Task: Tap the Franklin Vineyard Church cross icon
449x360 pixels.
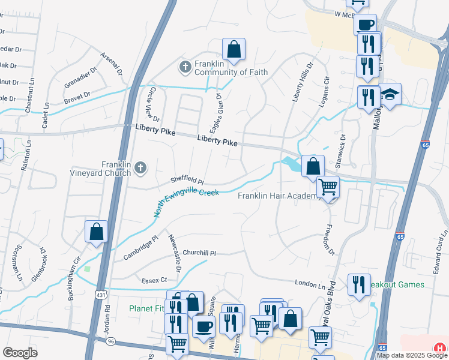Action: click(140, 168)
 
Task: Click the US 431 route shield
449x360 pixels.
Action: click(101, 295)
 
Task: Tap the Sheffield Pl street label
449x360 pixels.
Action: click(187, 179)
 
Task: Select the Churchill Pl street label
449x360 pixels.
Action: click(199, 253)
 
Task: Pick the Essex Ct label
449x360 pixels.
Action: click(154, 280)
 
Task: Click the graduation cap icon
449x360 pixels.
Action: click(390, 95)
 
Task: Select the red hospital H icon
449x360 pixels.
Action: click(440, 347)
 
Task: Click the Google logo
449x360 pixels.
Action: click(20, 353)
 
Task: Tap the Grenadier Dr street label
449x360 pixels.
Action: click(83, 78)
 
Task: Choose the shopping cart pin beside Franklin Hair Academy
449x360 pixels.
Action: click(328, 188)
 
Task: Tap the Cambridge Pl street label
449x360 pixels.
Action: click(140, 247)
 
